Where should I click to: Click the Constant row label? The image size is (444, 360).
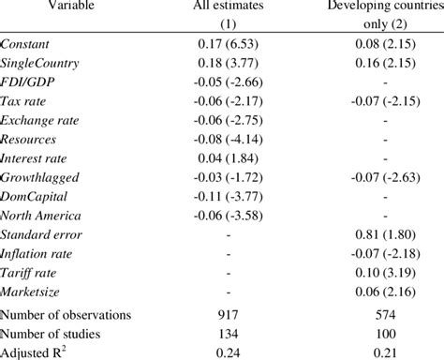(27, 44)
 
